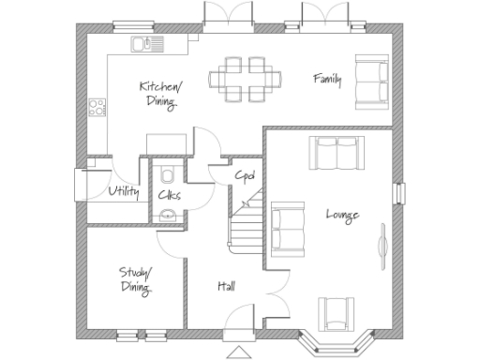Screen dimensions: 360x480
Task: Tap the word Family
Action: [x=327, y=80]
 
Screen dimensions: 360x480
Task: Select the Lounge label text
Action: [x=341, y=215]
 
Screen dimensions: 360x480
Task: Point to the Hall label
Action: [x=227, y=286]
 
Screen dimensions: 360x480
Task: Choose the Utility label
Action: [x=124, y=192]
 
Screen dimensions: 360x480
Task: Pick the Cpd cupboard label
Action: [x=246, y=175]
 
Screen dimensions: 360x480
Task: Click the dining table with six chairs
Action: [x=247, y=78]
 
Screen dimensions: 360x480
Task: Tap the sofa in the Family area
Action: [x=372, y=80]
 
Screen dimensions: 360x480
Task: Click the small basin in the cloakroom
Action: [x=167, y=216]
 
